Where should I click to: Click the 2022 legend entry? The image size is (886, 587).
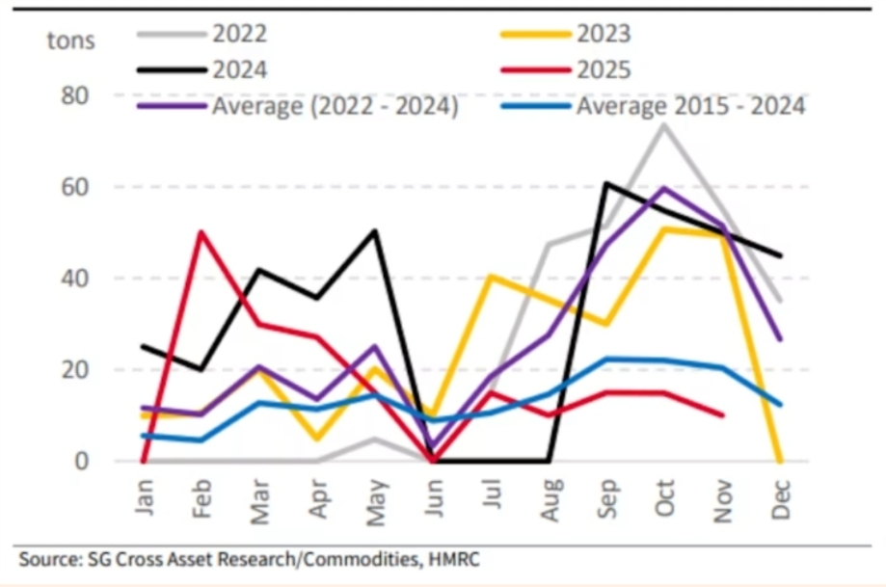point(239,34)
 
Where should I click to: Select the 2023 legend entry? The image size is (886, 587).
point(604,34)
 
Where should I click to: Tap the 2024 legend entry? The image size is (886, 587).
point(239,69)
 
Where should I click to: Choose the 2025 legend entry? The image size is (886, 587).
point(604,69)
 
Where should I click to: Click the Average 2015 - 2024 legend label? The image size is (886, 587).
point(690,106)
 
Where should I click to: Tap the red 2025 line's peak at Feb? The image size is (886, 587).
point(201,232)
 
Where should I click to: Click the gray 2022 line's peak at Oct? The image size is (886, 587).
point(663,124)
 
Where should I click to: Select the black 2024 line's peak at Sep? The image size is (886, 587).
point(605,182)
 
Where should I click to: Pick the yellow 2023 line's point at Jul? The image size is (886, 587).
point(491,277)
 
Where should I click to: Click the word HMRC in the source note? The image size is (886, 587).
point(453,558)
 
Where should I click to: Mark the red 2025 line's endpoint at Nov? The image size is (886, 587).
point(723,415)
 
